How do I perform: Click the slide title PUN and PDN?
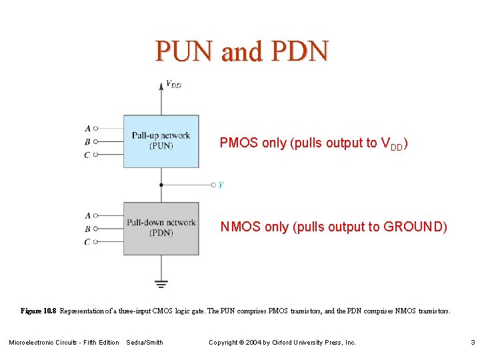click(x=242, y=51)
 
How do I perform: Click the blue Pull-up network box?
click(x=161, y=141)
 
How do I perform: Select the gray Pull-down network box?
click(x=161, y=228)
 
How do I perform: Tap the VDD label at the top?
click(x=173, y=85)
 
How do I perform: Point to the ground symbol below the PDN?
click(x=161, y=283)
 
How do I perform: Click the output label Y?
click(x=221, y=185)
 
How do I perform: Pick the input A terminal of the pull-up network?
click(x=96, y=128)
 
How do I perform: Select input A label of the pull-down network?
click(x=87, y=215)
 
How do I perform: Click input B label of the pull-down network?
click(x=87, y=229)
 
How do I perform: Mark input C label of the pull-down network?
click(x=87, y=242)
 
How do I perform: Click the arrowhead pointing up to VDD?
click(x=161, y=85)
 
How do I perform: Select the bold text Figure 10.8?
click(x=39, y=311)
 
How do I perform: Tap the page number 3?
click(x=472, y=343)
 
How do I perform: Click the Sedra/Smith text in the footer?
click(x=145, y=343)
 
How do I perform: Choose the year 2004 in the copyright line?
click(x=255, y=343)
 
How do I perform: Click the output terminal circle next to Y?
click(x=213, y=185)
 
